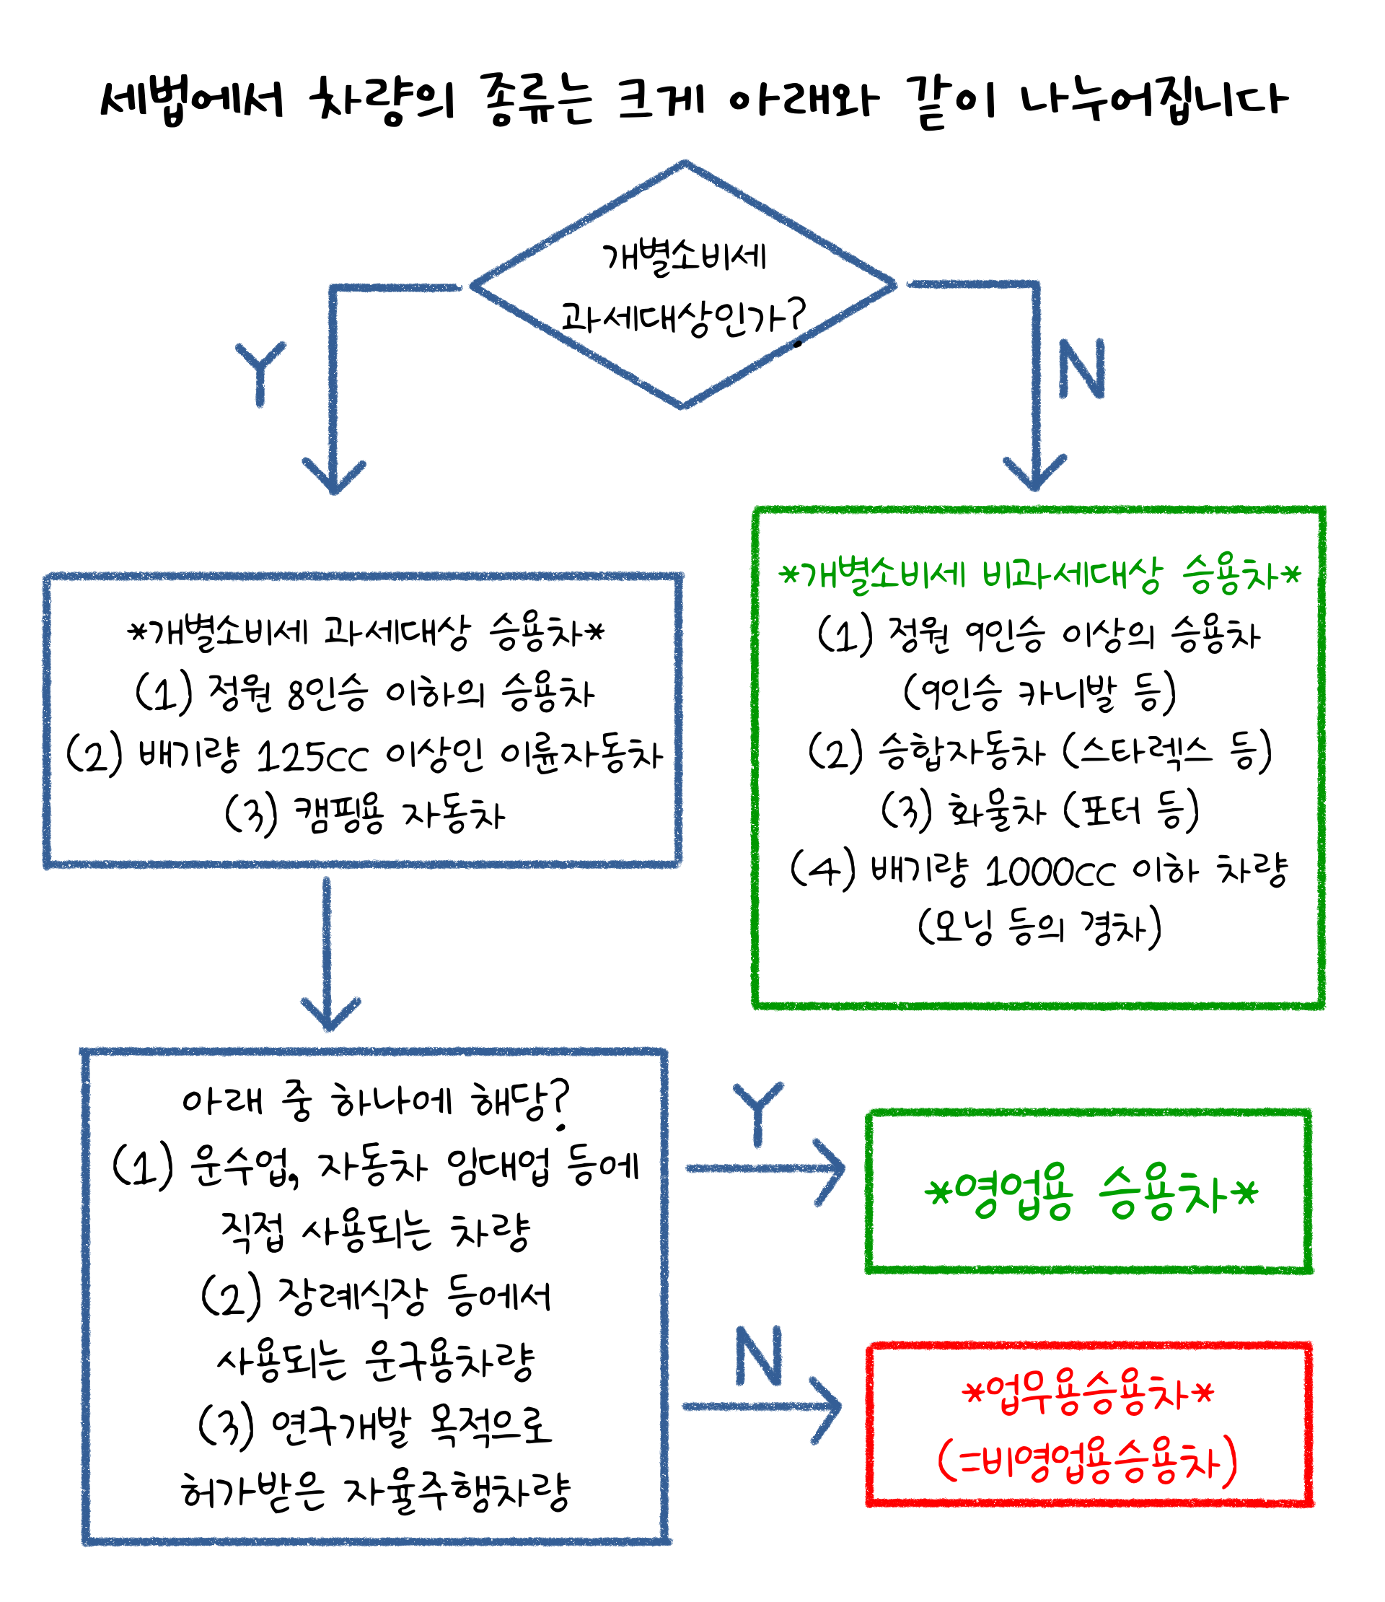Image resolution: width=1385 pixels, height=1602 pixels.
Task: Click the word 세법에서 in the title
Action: (x=193, y=100)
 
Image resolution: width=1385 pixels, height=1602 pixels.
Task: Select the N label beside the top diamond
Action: (x=1081, y=369)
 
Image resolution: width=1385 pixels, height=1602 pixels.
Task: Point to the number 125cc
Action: (x=312, y=757)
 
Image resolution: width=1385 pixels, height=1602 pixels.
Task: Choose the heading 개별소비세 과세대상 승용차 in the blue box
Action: (x=366, y=632)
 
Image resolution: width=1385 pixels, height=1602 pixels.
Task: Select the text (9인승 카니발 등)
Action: (x=1039, y=693)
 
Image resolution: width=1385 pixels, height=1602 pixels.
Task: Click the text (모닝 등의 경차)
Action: (x=1039, y=929)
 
